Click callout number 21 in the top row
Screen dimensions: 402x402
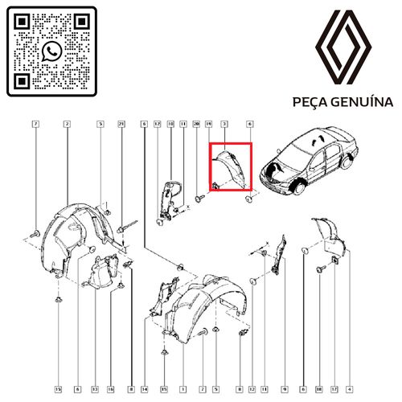click(x=121, y=124)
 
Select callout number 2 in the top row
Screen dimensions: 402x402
click(x=68, y=124)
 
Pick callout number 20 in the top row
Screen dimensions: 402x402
click(x=196, y=124)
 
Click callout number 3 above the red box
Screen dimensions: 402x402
click(x=223, y=124)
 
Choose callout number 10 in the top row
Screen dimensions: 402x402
click(x=170, y=124)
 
